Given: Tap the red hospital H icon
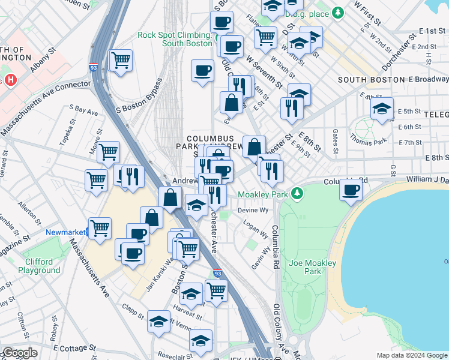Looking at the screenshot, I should (10, 80).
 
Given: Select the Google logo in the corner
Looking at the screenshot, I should (19, 353).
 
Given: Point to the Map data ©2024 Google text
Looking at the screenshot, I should (411, 355).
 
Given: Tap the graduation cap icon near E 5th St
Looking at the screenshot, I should (382, 109).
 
